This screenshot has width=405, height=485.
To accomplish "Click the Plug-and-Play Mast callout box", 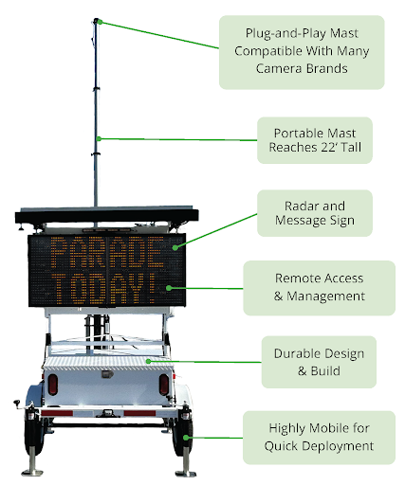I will click(302, 51).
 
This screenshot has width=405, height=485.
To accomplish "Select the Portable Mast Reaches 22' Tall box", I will click(313, 140).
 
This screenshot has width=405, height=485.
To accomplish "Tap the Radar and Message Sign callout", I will click(314, 214).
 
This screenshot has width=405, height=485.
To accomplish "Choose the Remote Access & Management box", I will click(320, 287).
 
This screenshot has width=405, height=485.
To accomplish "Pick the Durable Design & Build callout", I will click(318, 362).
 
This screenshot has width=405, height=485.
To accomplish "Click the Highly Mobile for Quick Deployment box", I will click(318, 437).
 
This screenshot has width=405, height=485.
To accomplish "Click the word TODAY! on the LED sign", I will click(105, 289).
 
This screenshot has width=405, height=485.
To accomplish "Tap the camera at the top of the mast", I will click(96, 21).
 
